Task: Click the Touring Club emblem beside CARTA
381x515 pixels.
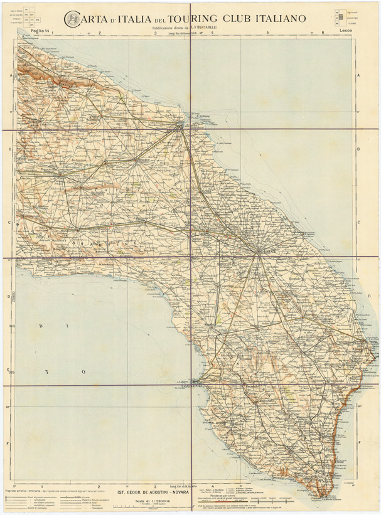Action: (x=73, y=20)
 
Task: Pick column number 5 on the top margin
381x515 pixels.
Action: (x=268, y=33)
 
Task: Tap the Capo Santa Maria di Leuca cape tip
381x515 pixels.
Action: (x=322, y=496)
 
